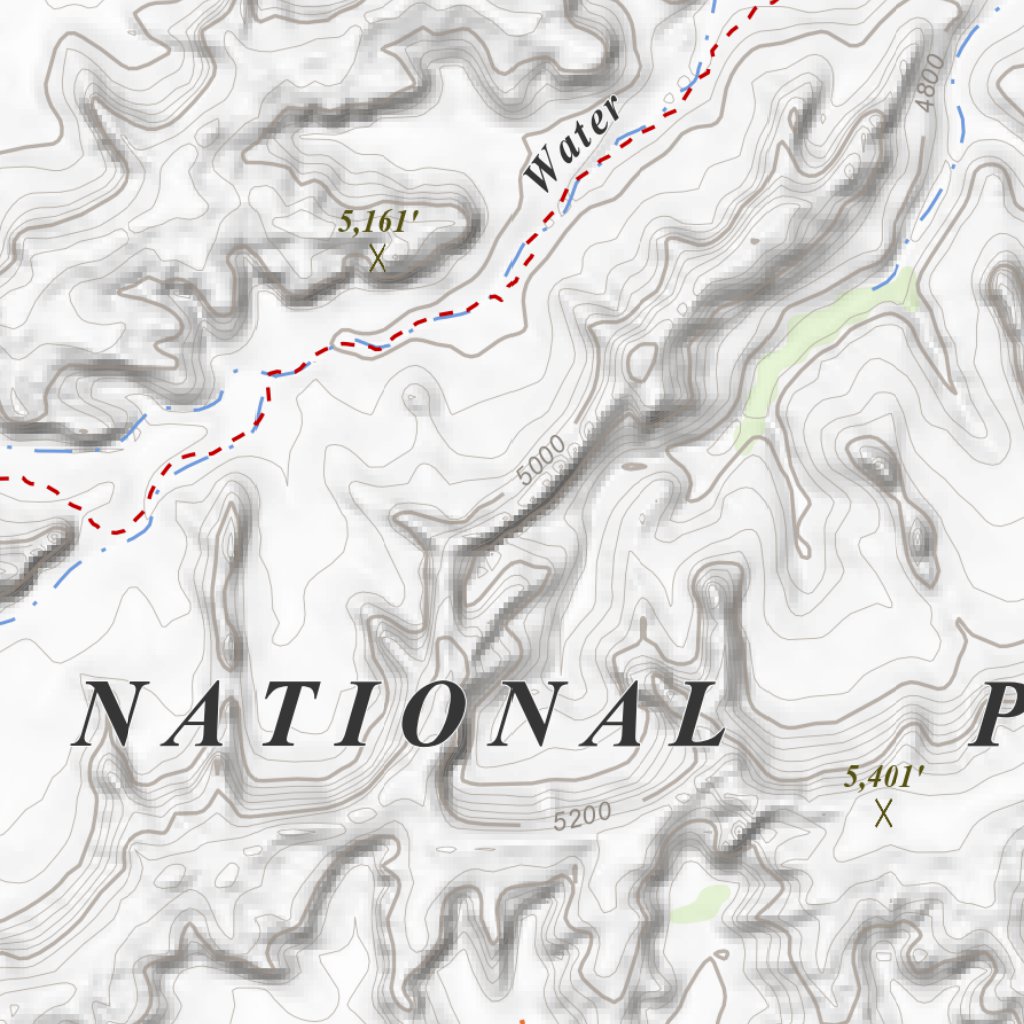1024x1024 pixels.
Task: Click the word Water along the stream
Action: coord(573,146)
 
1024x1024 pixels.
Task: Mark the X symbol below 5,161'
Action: coord(378,259)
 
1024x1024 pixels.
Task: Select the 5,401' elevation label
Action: coord(883,777)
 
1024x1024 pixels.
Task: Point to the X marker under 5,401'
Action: coord(883,814)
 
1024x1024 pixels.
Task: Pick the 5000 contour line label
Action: coord(543,461)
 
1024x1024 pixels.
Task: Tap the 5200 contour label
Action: coord(582,817)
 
